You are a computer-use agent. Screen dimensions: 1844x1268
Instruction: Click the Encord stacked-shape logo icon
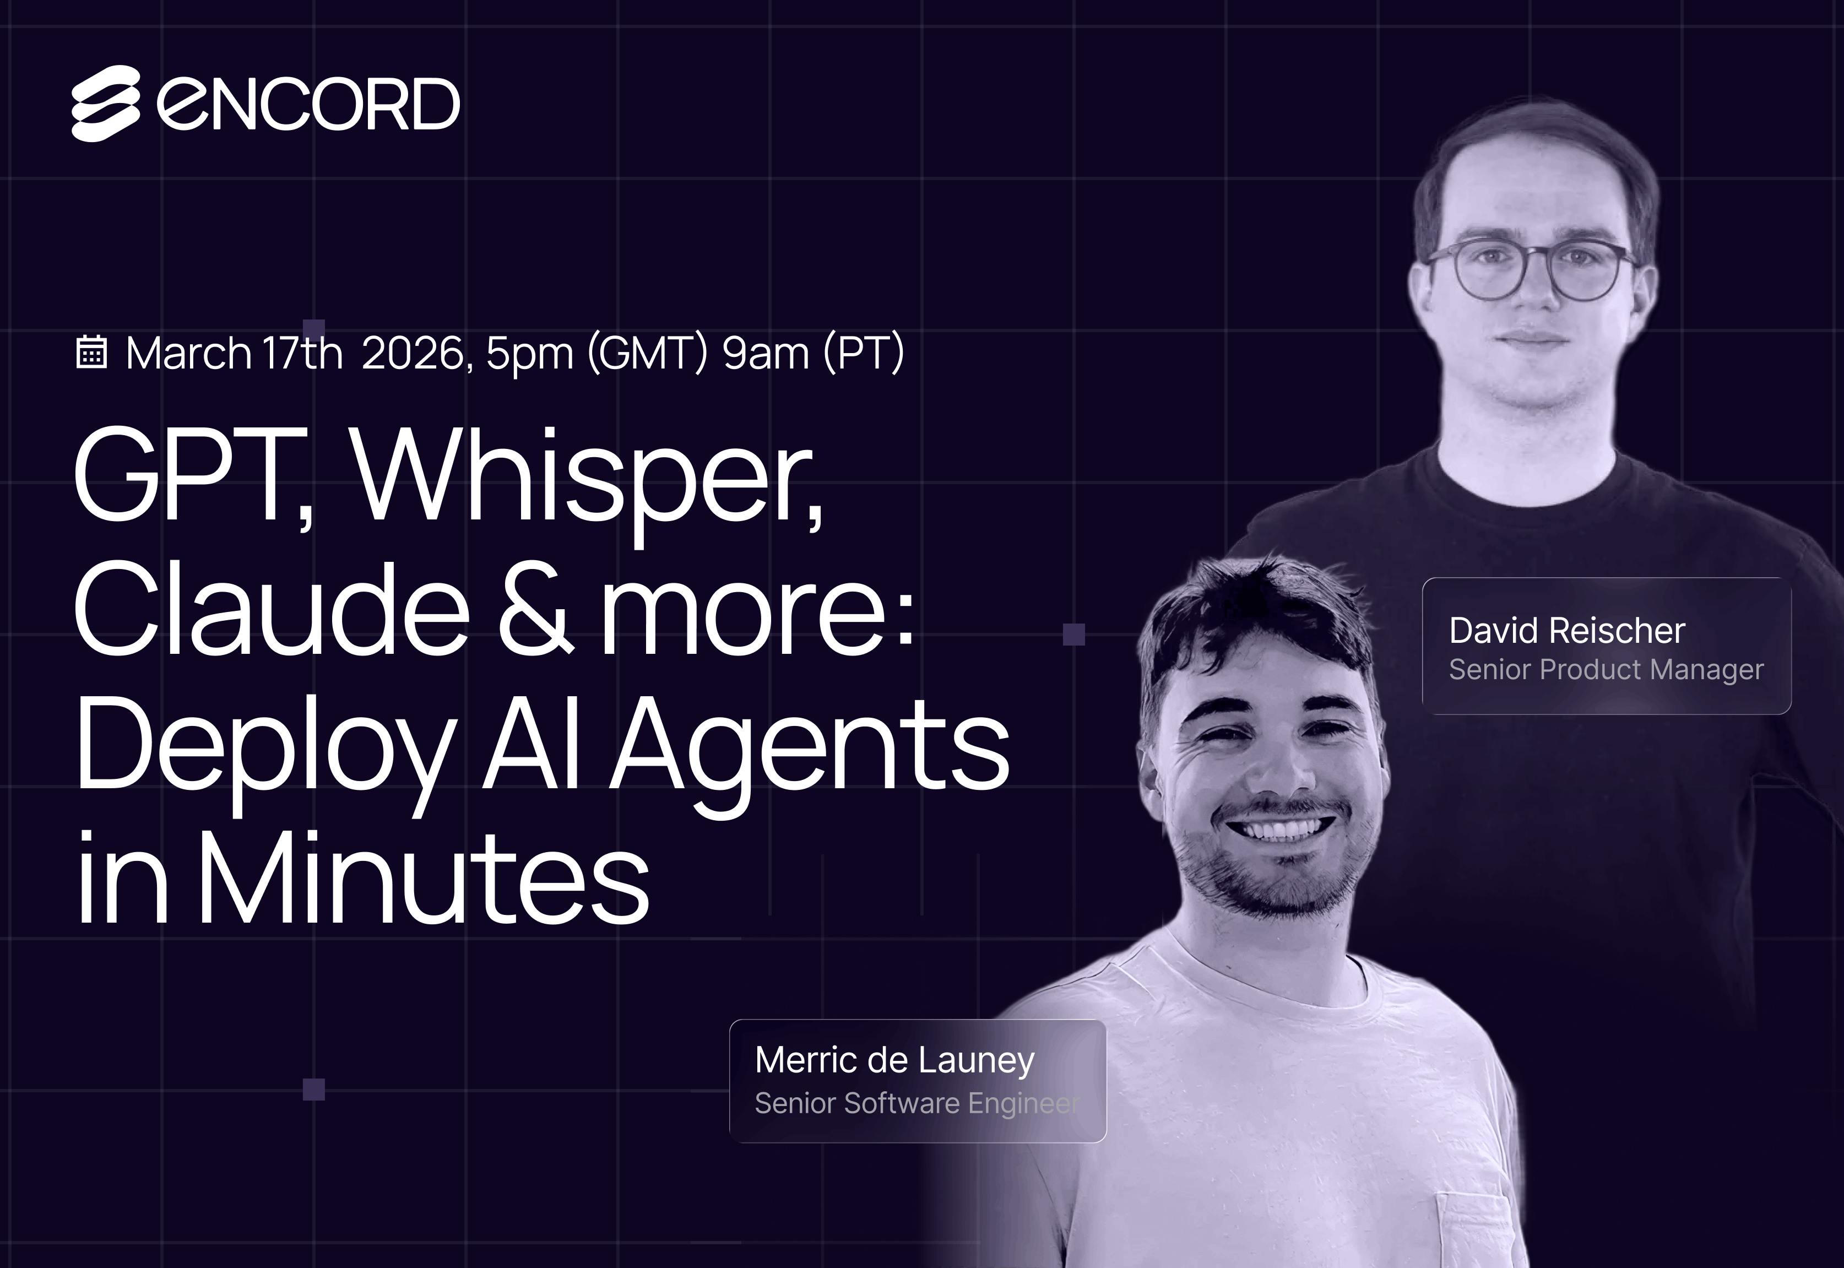[106, 104]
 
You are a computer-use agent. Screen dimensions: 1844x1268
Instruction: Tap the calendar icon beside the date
[91, 352]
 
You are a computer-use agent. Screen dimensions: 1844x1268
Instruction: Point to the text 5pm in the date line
[530, 354]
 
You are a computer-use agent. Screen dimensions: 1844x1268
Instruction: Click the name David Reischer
[1567, 630]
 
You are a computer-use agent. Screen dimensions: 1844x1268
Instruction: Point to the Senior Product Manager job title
[1606, 670]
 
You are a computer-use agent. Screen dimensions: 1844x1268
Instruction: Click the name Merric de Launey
[894, 1060]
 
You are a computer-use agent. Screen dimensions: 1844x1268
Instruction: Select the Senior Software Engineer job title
[916, 1103]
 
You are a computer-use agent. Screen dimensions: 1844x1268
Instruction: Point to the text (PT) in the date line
[864, 354]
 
